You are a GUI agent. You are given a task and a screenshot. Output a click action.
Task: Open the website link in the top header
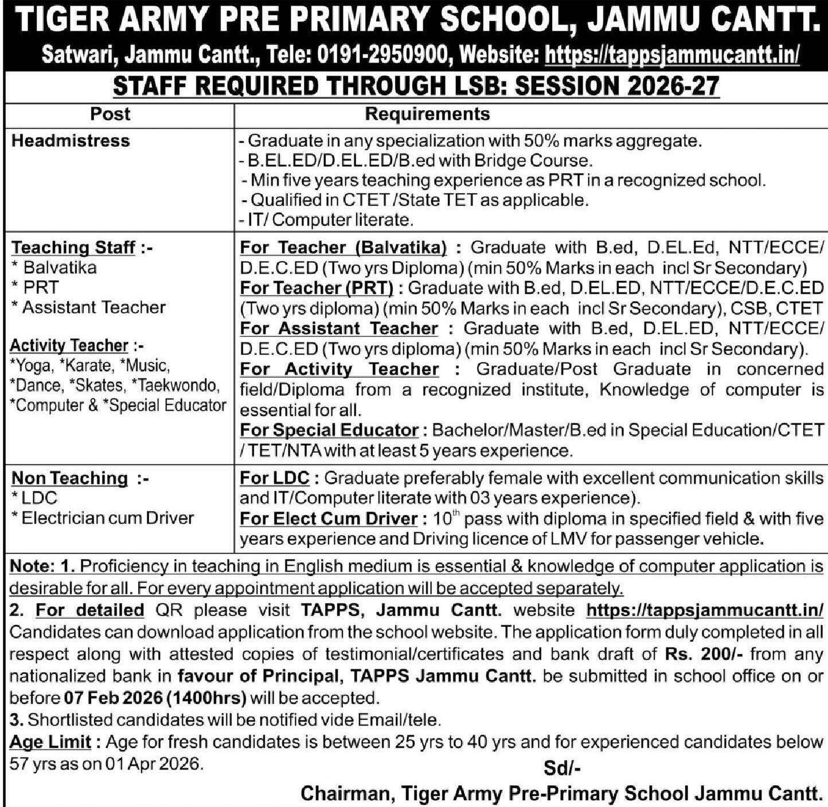[x=671, y=56]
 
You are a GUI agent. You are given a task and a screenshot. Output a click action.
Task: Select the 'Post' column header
[x=110, y=114]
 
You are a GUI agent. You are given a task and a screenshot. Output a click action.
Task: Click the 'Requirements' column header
[x=427, y=114]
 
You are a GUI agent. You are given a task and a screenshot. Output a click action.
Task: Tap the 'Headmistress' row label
[x=71, y=141]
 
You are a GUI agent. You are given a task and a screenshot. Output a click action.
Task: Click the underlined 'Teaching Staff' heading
[x=73, y=247]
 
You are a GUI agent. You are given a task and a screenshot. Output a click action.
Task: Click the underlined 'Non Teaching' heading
[x=69, y=478]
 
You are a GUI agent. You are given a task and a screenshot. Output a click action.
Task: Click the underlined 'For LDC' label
[x=274, y=478]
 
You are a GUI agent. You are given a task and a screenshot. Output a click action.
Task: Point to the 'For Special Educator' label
[x=329, y=430]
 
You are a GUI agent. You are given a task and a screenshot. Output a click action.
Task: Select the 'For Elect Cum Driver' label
[x=328, y=518]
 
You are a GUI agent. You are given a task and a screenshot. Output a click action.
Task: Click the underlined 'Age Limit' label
[x=50, y=742]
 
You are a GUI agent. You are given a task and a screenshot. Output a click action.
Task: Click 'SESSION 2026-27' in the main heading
[x=617, y=87]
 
